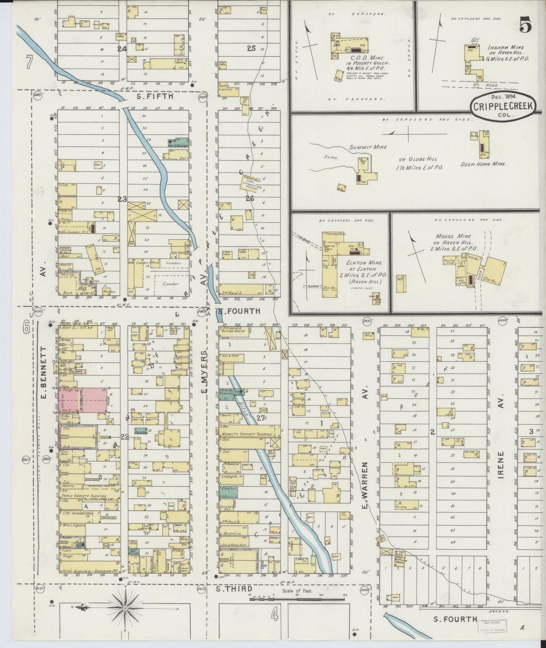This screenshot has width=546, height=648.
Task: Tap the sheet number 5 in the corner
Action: coord(526,26)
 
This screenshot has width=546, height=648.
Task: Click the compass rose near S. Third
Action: coord(125,608)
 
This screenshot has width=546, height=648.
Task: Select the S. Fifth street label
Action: coord(155,96)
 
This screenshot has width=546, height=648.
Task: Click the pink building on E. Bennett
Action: coord(93,400)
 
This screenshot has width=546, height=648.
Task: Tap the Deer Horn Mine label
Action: coord(483,164)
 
